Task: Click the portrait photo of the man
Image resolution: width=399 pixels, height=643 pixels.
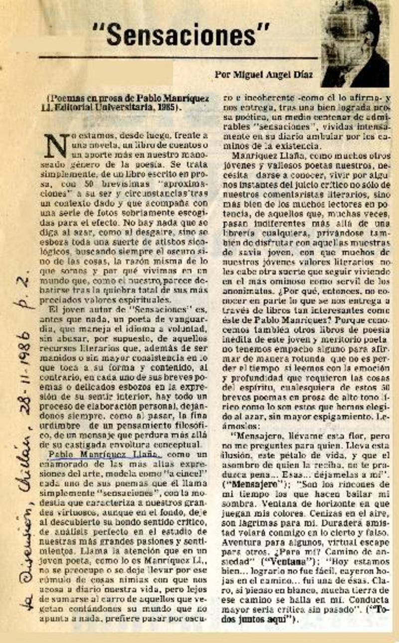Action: (x=355, y=43)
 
